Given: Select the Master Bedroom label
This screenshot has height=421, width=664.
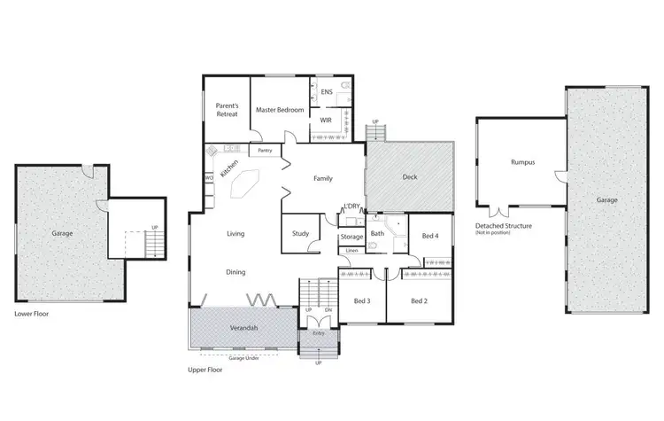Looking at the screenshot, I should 280,110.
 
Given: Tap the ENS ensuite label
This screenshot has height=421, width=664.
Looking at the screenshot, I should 326,91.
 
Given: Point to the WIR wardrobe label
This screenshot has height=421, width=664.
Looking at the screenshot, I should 326,119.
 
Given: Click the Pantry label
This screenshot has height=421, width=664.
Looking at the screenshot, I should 265,151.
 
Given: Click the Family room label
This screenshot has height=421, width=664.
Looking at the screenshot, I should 323,178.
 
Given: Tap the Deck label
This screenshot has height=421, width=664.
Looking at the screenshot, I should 409,176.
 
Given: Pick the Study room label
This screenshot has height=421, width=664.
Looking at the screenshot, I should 299,235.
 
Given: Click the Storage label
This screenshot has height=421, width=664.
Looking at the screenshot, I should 351,237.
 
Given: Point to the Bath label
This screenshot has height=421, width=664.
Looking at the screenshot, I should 377,234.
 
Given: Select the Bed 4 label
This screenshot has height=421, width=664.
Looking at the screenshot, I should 430,236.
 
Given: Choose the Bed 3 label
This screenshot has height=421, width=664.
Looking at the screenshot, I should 361,301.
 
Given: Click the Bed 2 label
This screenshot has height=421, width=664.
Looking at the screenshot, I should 420,301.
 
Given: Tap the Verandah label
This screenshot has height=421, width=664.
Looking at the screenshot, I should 243,328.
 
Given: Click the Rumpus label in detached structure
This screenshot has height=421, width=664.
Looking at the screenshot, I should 522,162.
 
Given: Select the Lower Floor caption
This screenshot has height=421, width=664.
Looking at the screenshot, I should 32,314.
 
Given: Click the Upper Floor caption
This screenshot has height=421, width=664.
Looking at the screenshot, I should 205,369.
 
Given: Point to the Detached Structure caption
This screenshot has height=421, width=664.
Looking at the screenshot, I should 504,226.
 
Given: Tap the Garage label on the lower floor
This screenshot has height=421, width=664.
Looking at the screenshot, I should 62,233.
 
